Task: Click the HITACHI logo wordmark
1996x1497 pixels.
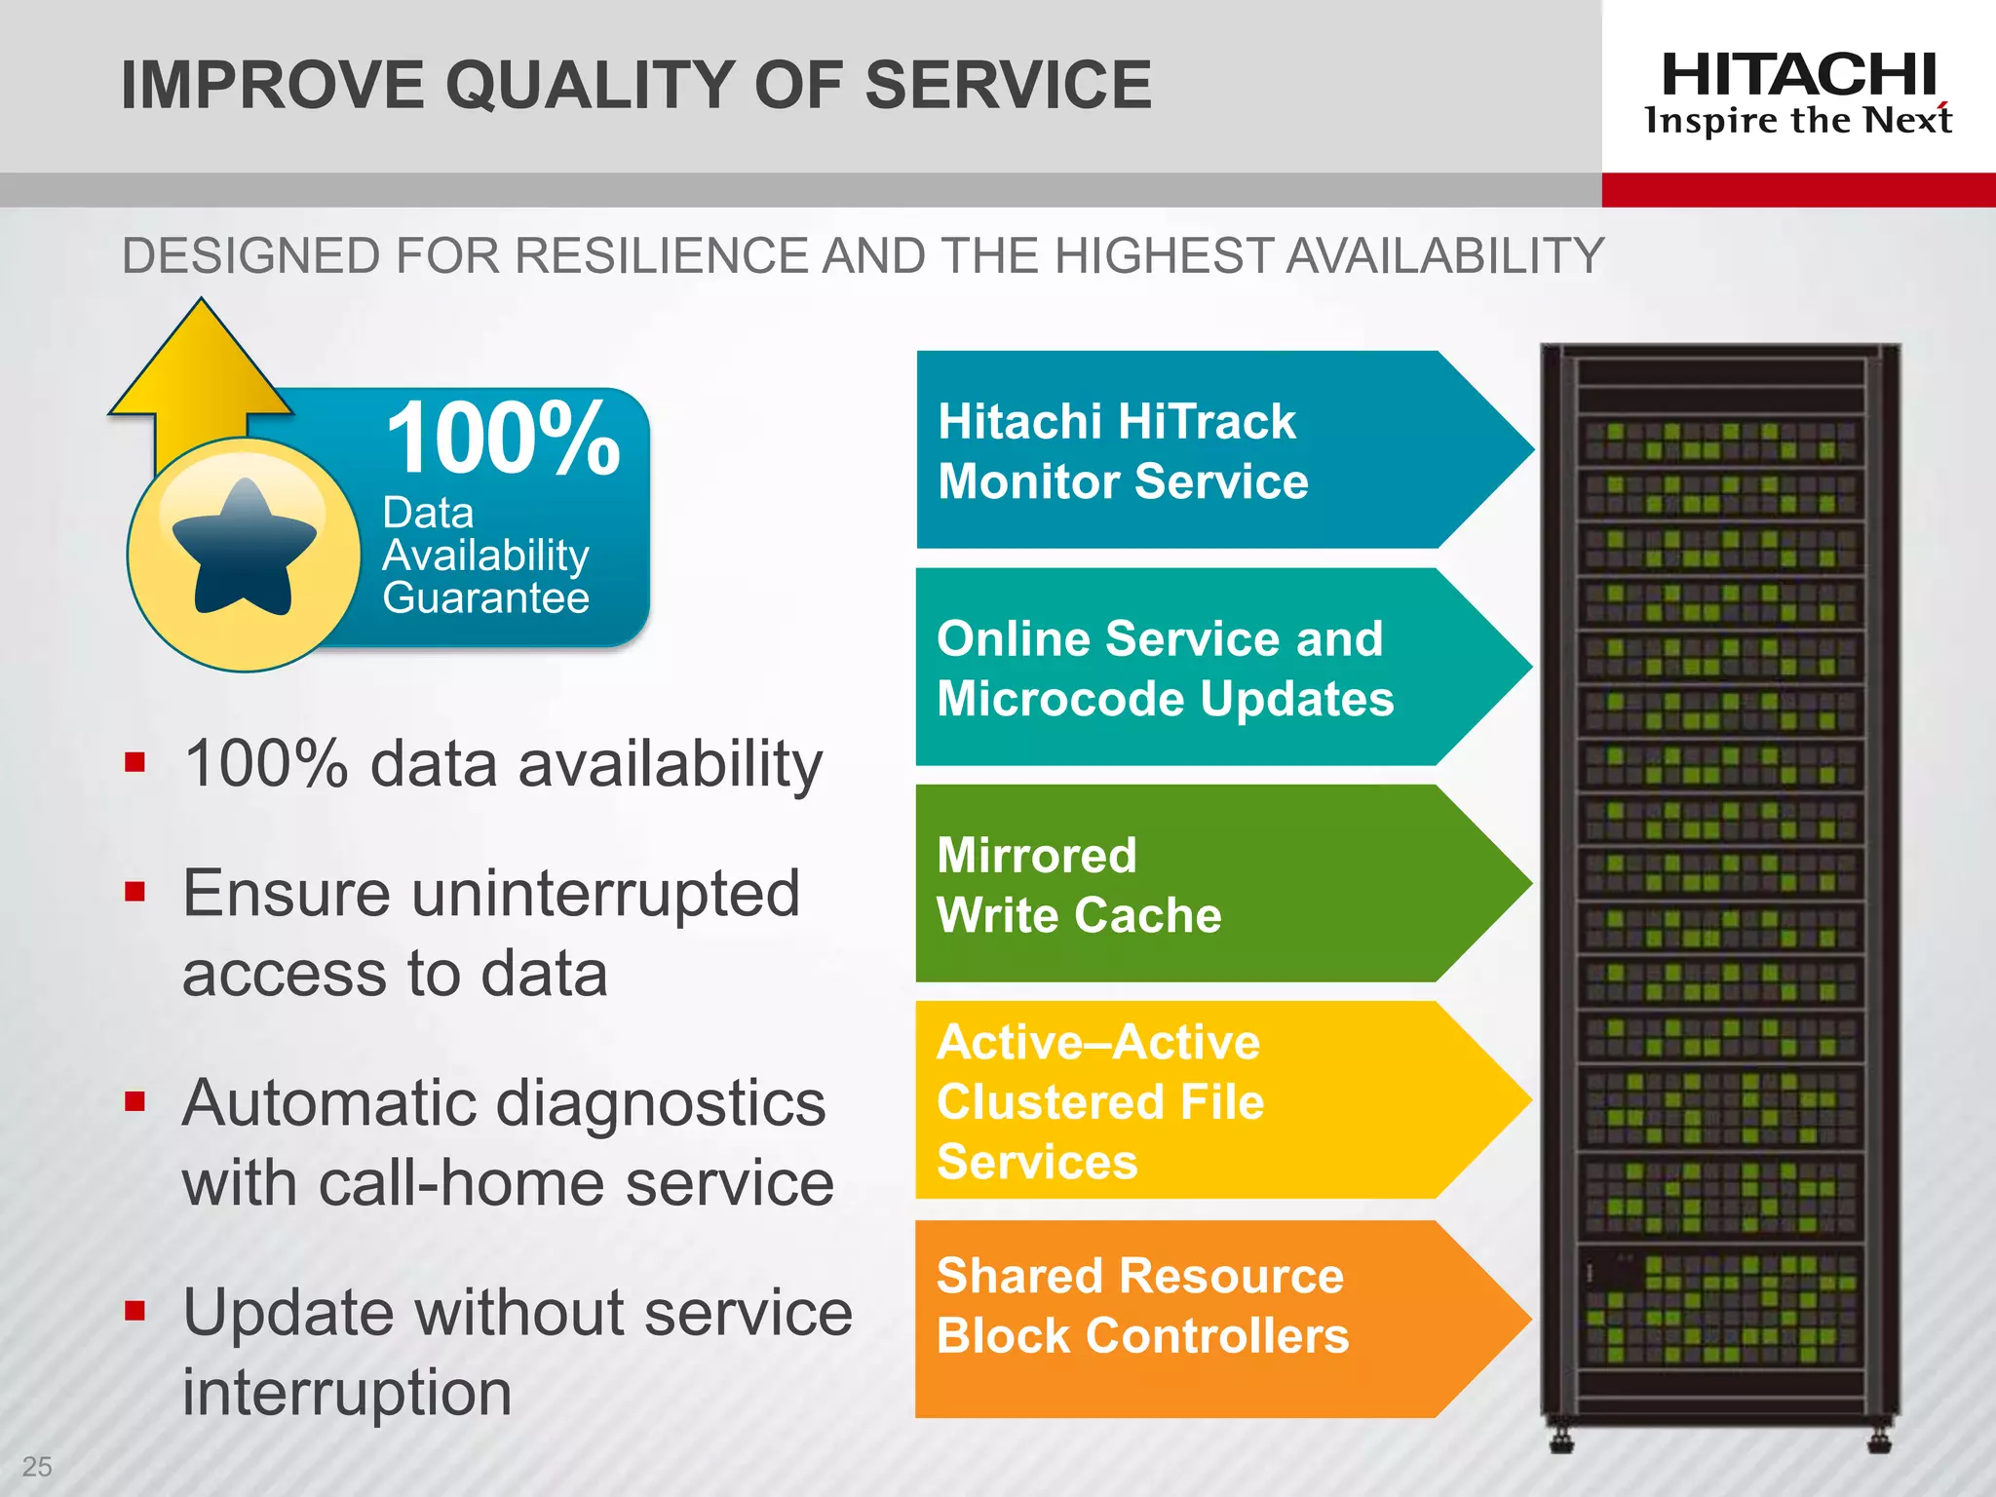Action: pyautogui.click(x=1798, y=75)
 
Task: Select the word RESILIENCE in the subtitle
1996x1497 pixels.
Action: pyautogui.click(x=663, y=256)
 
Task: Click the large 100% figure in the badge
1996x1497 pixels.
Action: pyautogui.click(x=503, y=439)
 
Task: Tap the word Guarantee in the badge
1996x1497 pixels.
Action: pyautogui.click(x=485, y=597)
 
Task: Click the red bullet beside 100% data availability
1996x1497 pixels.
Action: pyautogui.click(x=134, y=761)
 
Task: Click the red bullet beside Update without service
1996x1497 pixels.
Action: pyautogui.click(x=134, y=1310)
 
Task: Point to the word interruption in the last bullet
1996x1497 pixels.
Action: pyautogui.click(x=347, y=1392)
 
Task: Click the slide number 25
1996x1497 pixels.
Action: pyautogui.click(x=37, y=1466)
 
